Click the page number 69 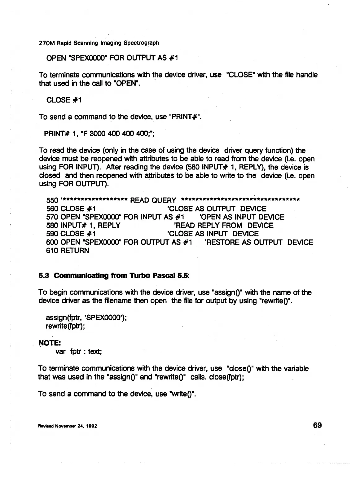[x=317, y=425]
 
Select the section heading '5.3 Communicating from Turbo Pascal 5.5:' [x=114, y=275]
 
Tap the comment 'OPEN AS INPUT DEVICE [x=242, y=217]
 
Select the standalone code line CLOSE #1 [x=63, y=100]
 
